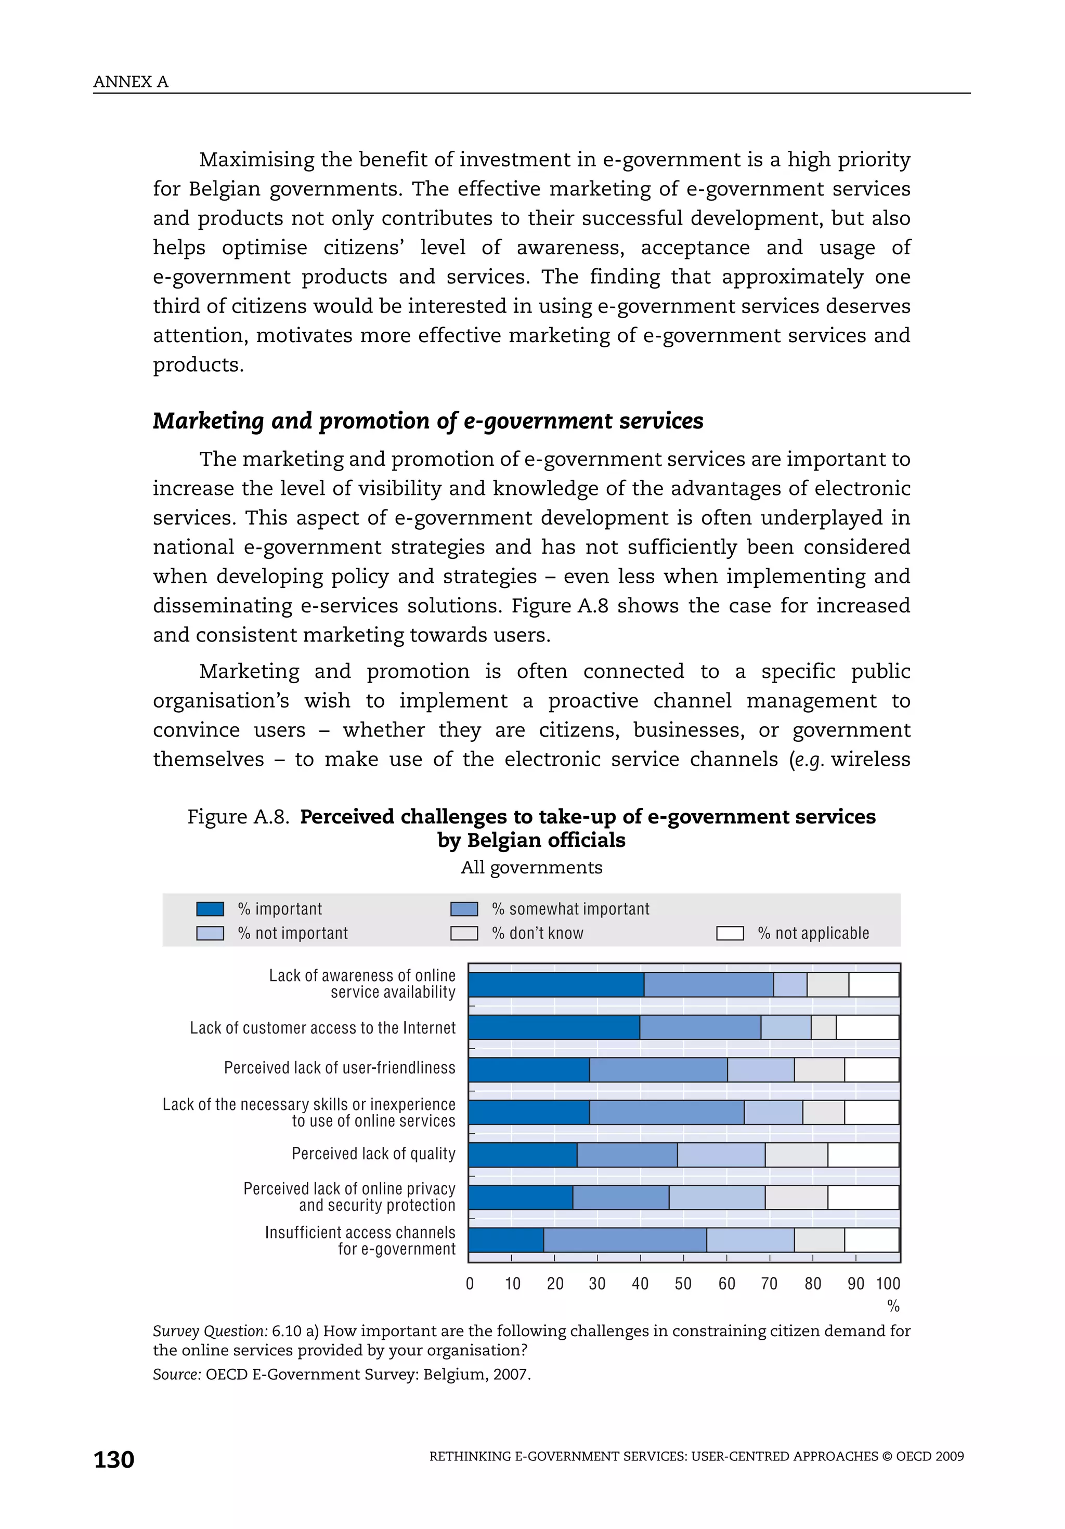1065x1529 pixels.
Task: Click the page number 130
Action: click(x=114, y=1459)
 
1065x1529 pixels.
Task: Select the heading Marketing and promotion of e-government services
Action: click(x=427, y=421)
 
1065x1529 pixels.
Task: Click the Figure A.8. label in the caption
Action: click(x=238, y=816)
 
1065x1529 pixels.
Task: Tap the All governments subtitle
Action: click(x=531, y=867)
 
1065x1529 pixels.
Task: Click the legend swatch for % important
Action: click(x=210, y=909)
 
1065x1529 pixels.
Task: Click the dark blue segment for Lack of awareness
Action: click(x=555, y=985)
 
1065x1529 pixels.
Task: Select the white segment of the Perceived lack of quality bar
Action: click(x=863, y=1155)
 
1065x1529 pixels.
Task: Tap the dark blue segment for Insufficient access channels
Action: click(x=505, y=1240)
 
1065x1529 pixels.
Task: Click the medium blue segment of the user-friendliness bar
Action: click(x=658, y=1069)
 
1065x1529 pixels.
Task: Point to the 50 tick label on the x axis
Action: click(x=683, y=1283)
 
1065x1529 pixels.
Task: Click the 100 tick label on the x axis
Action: click(x=887, y=1283)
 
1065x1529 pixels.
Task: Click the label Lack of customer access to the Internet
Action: click(x=322, y=1027)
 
